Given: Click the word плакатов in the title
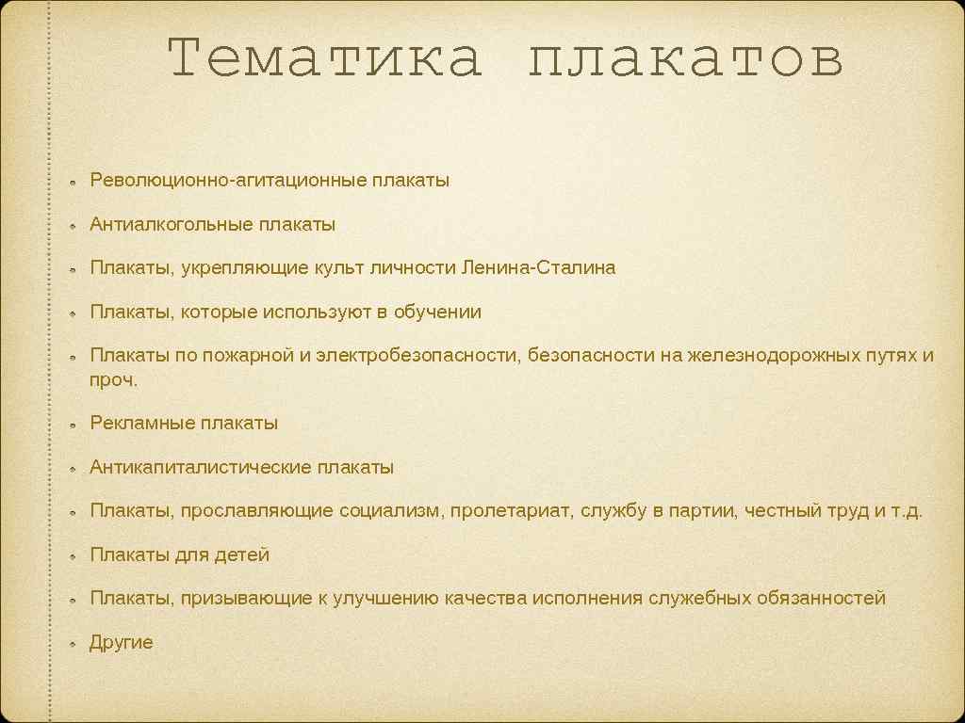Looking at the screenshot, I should point(685,60).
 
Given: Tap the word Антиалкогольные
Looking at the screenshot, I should point(170,224).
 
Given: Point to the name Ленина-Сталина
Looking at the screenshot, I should point(538,267).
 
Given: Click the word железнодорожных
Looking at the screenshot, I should point(765,356).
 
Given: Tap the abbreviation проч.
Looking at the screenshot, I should point(114,379).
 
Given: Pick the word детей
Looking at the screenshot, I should point(242,554).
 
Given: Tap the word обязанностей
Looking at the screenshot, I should point(821,598).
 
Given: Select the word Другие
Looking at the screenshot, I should point(121,643).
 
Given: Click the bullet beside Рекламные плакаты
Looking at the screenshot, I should point(72,425).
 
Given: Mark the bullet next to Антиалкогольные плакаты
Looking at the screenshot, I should point(72,226).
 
